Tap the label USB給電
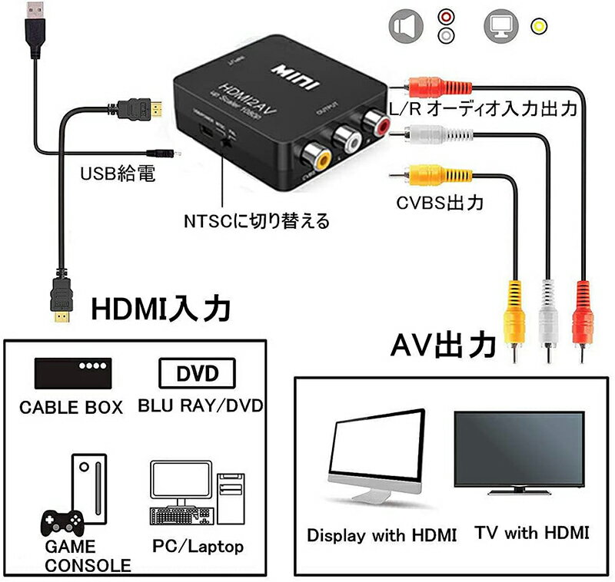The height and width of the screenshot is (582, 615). [x=118, y=176]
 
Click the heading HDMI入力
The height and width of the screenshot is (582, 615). [x=161, y=309]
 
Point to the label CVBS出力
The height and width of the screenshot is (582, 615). [x=440, y=203]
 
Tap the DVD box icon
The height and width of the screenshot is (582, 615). [x=198, y=374]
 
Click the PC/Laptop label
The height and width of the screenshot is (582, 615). [x=198, y=547]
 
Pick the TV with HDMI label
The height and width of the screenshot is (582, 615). [x=531, y=532]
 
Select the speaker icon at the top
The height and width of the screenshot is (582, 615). [x=406, y=26]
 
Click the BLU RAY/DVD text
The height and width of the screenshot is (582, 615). [x=201, y=405]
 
